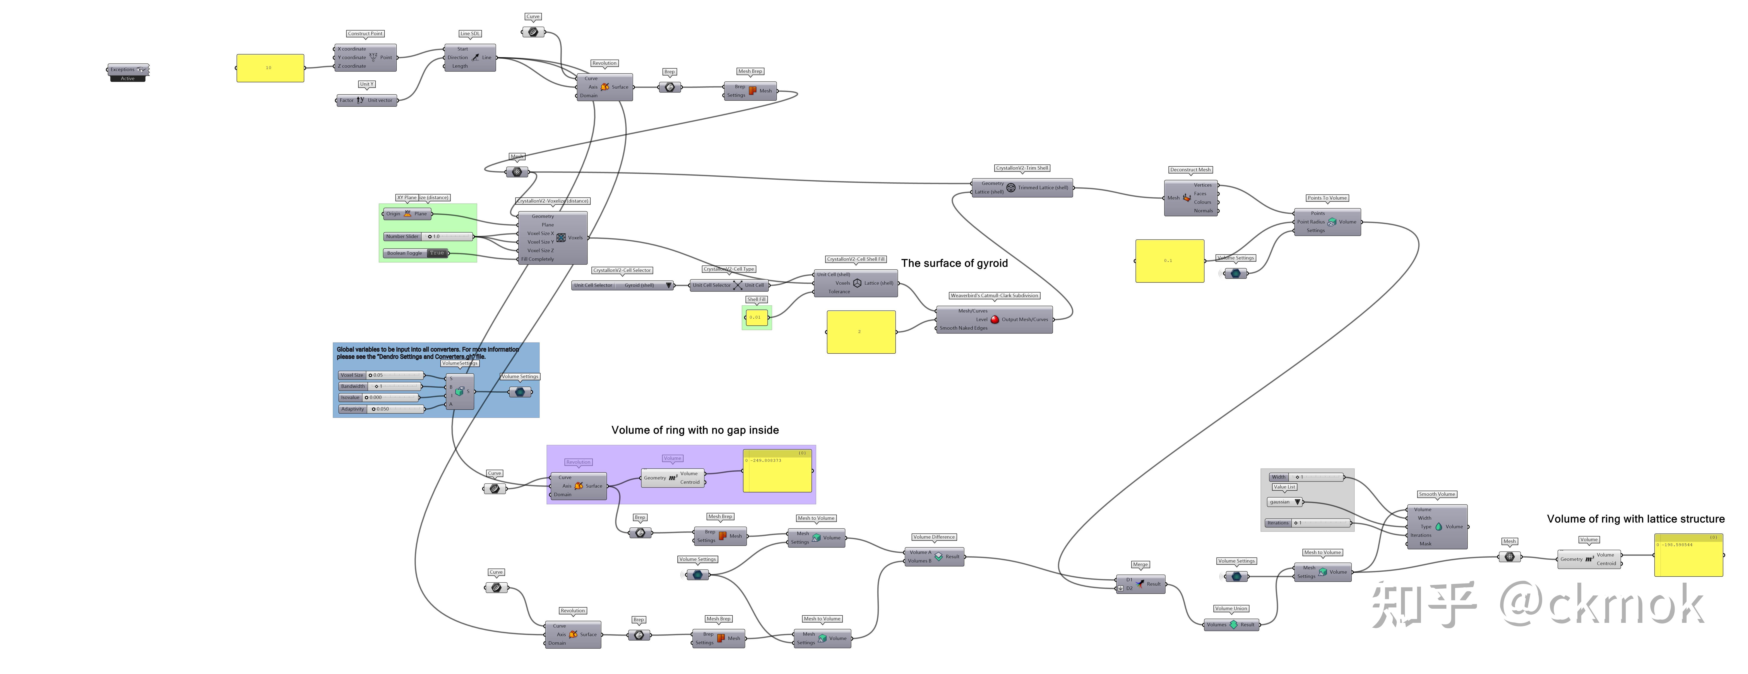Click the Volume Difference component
point(934,556)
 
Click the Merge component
point(1141,584)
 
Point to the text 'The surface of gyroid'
point(954,263)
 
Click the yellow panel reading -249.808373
point(778,470)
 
